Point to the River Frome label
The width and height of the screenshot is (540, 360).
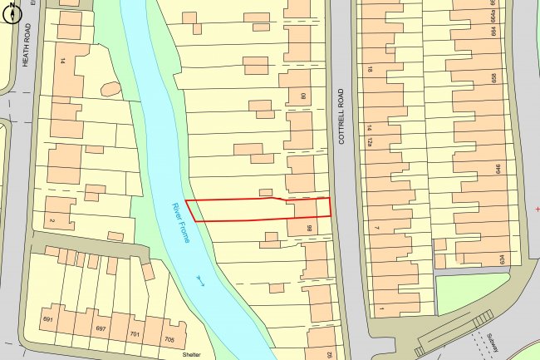(x=180, y=223)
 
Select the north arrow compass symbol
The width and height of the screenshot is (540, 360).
(x=10, y=14)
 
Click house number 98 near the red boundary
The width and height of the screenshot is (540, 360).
(x=308, y=227)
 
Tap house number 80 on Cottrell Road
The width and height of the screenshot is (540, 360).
(x=303, y=96)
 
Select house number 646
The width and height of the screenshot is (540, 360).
(x=498, y=170)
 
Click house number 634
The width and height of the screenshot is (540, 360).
(x=503, y=259)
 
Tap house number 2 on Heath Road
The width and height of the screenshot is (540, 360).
(x=52, y=219)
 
